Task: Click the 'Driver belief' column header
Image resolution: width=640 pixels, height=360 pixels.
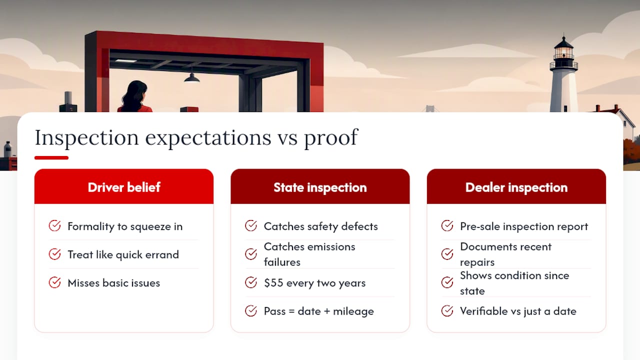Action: pyautogui.click(x=124, y=187)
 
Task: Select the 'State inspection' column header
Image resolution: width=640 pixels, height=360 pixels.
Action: pyautogui.click(x=320, y=187)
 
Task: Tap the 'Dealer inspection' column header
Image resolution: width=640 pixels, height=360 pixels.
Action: pyautogui.click(x=516, y=187)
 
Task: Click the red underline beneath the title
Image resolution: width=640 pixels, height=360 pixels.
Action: pyautogui.click(x=51, y=157)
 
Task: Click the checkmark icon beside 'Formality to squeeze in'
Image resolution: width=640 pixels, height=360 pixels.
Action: pyautogui.click(x=54, y=225)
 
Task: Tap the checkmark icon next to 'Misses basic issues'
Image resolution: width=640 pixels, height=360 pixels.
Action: pyautogui.click(x=54, y=282)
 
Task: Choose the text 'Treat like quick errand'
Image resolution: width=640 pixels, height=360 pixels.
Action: pyautogui.click(x=123, y=254)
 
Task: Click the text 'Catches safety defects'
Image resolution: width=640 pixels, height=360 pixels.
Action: pyautogui.click(x=321, y=226)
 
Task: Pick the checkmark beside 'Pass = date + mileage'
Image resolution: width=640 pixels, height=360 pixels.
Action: pyautogui.click(x=251, y=310)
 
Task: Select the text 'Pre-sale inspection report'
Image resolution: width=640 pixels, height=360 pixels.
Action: pyautogui.click(x=524, y=226)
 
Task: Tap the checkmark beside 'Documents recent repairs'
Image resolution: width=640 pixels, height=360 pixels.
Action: pyautogui.click(x=447, y=254)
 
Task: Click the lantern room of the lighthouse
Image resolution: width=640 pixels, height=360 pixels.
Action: pyautogui.click(x=563, y=53)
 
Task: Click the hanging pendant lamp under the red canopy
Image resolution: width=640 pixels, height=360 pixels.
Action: pyautogui.click(x=191, y=77)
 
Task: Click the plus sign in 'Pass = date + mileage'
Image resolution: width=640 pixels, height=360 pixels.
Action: pyautogui.click(x=327, y=311)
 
